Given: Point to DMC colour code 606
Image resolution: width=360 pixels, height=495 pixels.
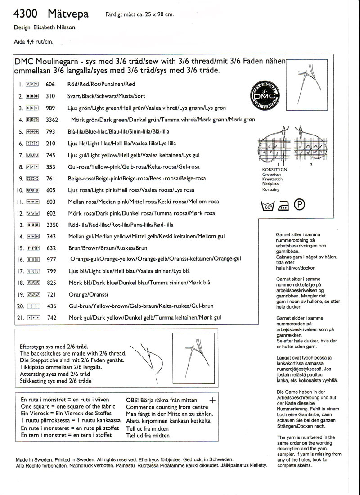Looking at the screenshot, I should pos(50,84).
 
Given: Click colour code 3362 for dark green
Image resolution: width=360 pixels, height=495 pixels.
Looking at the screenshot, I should pos(53,120).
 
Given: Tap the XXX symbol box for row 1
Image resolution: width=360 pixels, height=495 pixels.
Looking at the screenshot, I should pos(32,84).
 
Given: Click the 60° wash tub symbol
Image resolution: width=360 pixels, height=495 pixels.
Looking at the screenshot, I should pos(267,206).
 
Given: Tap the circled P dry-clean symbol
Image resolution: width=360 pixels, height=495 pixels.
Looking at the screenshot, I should pos(300,205).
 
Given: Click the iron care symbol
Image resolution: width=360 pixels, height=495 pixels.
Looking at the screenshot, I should pos(283,207).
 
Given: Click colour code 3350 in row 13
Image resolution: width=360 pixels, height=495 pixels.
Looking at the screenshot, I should pos(53,225).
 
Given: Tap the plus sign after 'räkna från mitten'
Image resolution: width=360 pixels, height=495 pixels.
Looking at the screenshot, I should pos(213,400).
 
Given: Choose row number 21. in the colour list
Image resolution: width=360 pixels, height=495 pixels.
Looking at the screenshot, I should pos(19,318).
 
